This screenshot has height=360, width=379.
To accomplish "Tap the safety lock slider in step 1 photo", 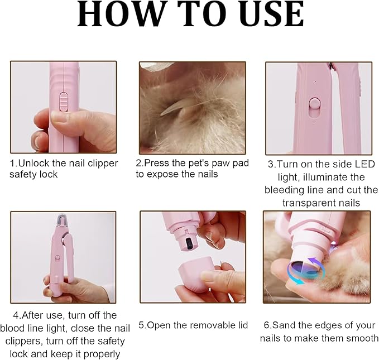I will point(64,102).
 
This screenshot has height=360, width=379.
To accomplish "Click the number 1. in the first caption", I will point(13,164).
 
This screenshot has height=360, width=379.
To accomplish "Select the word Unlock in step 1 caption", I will point(32,164).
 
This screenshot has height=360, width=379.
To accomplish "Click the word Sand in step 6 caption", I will point(282,325).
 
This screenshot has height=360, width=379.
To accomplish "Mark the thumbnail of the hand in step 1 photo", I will point(59,117).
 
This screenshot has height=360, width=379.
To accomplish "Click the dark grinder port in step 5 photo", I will point(188,243).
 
